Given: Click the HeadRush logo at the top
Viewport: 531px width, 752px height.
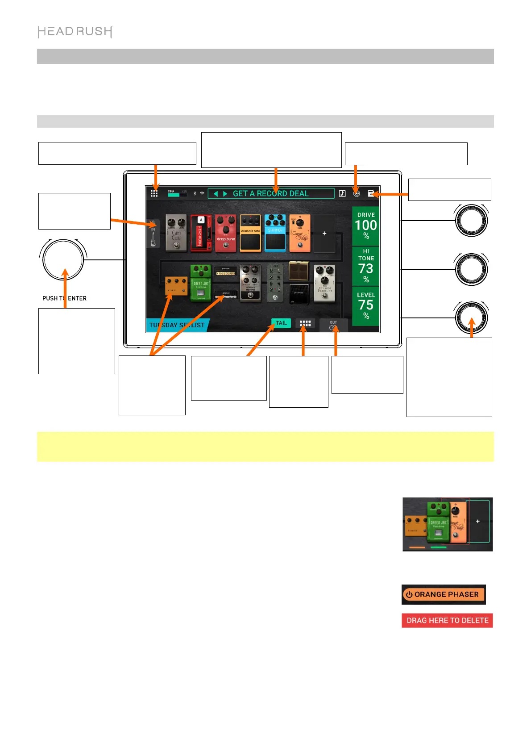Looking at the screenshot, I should tap(75, 32).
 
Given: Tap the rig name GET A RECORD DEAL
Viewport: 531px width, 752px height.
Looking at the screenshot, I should tap(270, 193).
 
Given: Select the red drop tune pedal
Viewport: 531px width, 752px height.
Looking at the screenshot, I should tap(226, 233).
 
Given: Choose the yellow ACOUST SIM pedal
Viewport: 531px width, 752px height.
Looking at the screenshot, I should tap(250, 233).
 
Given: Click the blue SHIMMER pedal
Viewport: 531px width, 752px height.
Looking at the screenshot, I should tap(275, 233).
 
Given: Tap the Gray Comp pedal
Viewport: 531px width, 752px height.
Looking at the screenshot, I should tap(176, 233).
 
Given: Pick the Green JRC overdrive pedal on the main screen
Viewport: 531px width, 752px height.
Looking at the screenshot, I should tap(201, 283).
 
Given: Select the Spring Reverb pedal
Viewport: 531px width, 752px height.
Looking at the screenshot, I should tap(250, 283).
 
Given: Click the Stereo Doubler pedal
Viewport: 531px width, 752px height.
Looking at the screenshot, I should tap(324, 283).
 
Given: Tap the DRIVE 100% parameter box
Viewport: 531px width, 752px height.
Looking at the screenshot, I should tap(366, 226).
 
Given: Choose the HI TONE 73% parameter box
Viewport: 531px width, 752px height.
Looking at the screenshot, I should tap(366, 266).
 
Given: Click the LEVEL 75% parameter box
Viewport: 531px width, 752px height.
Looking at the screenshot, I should tap(366, 306).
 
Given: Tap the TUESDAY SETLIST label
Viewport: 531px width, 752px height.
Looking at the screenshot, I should tap(177, 325).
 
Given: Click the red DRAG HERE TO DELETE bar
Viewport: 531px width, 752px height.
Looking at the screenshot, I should tap(447, 620).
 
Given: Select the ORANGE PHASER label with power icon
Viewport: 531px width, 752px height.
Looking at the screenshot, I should tap(444, 594).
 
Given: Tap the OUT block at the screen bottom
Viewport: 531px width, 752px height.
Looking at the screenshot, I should tap(333, 325).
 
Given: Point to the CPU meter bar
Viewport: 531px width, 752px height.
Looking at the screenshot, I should tap(177, 195).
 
